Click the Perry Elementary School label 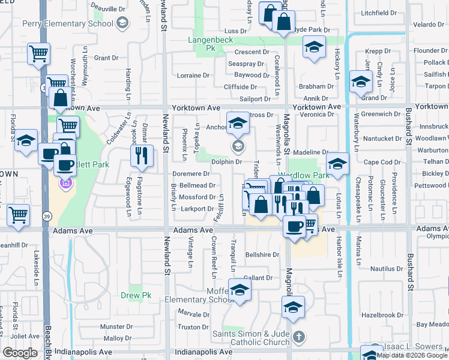click(x=67, y=23)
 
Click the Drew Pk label click(x=136, y=295)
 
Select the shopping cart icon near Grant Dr click(x=38, y=54)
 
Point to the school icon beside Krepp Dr click(x=313, y=48)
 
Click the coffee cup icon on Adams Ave click(x=294, y=226)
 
